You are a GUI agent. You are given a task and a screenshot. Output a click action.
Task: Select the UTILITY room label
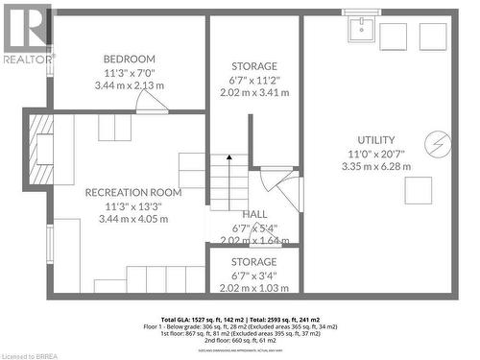pyautogui.click(x=375, y=139)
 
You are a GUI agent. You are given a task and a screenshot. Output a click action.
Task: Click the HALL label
pyautogui.click(x=254, y=214)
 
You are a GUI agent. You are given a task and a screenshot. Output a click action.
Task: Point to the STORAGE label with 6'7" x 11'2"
pyautogui.click(x=254, y=66)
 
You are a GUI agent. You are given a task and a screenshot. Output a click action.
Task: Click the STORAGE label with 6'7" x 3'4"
pyautogui.click(x=254, y=261)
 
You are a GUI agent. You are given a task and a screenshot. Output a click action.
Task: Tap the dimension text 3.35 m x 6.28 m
pyautogui.click(x=375, y=166)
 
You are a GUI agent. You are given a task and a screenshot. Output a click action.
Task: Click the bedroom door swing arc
pyautogui.click(x=151, y=100)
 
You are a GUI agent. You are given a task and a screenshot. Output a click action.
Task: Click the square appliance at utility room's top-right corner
pyautogui.click(x=434, y=36)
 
